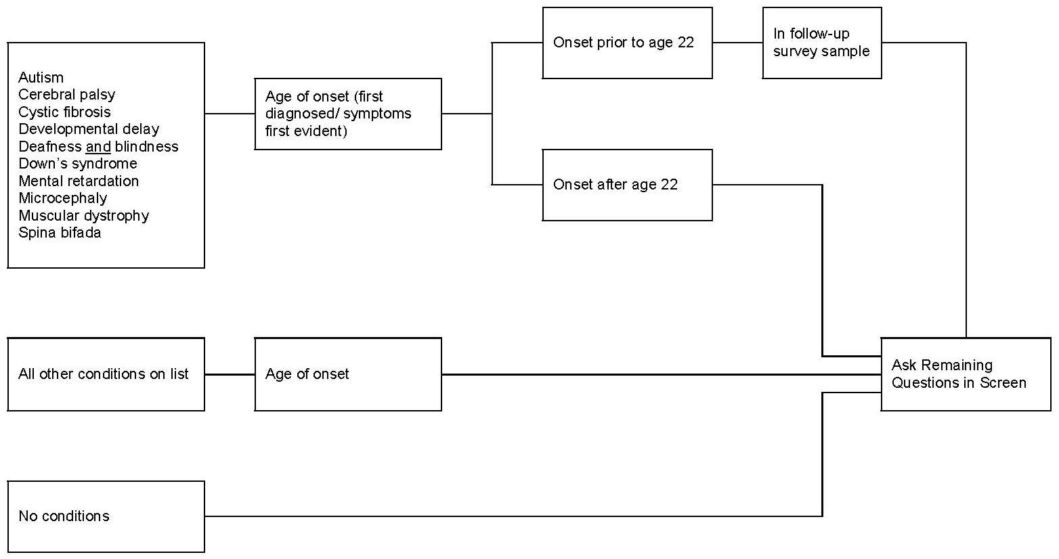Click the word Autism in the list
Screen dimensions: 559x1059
(41, 78)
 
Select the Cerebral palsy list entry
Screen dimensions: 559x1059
(66, 95)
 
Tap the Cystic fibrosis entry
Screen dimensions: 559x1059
(64, 112)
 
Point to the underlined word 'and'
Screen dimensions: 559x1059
(98, 147)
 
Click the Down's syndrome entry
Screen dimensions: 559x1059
(77, 164)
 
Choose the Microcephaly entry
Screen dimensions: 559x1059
(62, 198)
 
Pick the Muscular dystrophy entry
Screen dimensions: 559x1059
(83, 216)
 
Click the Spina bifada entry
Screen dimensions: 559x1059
(60, 233)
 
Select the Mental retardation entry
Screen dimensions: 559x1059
(79, 181)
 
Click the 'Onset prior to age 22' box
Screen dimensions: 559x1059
(627, 43)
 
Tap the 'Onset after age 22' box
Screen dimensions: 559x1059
(627, 185)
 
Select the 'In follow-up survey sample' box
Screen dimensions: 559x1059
(821, 43)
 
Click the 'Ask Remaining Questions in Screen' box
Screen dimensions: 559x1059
(965, 374)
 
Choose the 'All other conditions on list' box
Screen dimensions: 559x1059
(106, 374)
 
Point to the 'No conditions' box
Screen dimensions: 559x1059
(106, 516)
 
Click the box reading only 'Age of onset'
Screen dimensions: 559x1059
(348, 374)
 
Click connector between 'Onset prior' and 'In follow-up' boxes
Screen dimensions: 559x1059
(737, 43)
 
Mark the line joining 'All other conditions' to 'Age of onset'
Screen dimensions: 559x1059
(230, 374)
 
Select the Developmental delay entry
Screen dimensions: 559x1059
(89, 129)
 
